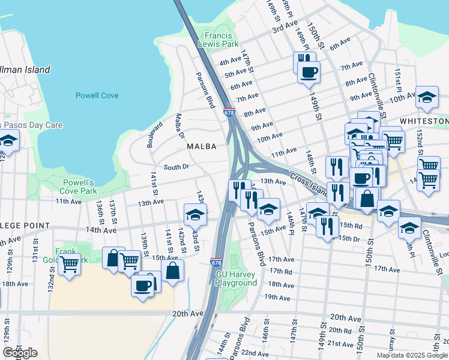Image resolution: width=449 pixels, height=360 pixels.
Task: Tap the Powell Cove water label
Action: (97, 95)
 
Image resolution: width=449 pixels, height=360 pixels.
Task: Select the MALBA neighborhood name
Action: (200, 146)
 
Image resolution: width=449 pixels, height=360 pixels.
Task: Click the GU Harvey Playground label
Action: (236, 278)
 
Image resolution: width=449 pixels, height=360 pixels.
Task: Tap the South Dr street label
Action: (176, 167)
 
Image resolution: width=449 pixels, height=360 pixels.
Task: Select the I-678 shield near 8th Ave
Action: (229, 113)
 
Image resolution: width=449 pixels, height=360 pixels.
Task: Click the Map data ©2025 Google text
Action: (412, 355)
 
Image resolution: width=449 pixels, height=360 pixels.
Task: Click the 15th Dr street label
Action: (348, 238)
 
